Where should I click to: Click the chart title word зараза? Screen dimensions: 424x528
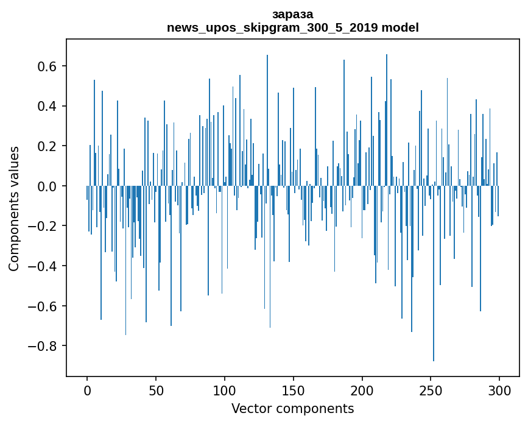tap(292, 14)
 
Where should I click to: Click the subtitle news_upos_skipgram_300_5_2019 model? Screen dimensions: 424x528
tap(292, 27)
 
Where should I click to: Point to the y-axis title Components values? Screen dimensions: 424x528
tap(14, 208)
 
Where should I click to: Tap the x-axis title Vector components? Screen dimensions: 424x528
tap(292, 408)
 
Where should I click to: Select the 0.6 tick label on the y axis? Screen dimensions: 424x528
tap(46, 66)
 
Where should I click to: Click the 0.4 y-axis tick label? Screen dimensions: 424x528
tap(46, 106)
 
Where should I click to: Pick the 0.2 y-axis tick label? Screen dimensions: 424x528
tap(46, 146)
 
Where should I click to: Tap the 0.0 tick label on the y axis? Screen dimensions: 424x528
tap(46, 186)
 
